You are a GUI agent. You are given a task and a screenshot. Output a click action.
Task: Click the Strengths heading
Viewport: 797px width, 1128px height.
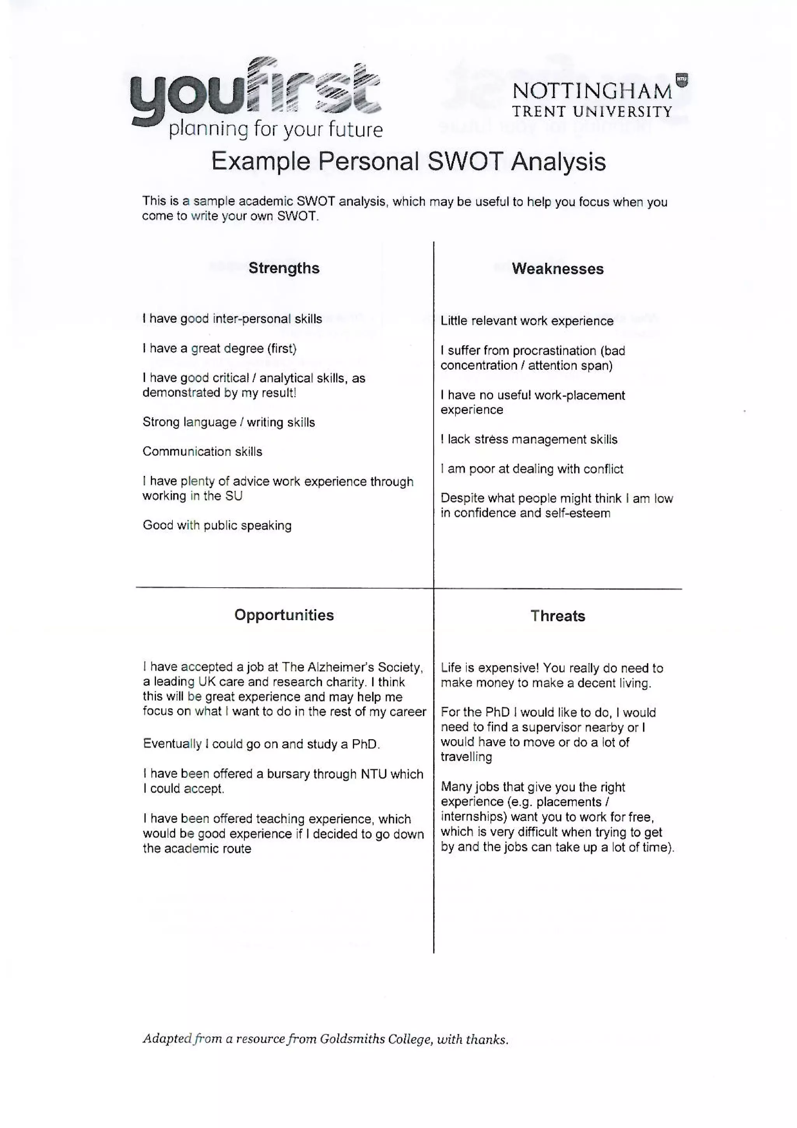click(x=284, y=268)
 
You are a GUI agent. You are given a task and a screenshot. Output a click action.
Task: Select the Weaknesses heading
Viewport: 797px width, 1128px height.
click(x=557, y=269)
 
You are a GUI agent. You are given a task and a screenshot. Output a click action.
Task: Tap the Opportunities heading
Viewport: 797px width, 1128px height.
click(x=284, y=615)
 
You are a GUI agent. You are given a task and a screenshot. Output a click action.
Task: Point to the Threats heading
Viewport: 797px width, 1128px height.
click(x=557, y=616)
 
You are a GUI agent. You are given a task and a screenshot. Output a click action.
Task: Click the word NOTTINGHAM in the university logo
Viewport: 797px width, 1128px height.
click(x=592, y=91)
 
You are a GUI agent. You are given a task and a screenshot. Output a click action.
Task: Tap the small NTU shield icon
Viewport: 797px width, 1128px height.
click(x=681, y=79)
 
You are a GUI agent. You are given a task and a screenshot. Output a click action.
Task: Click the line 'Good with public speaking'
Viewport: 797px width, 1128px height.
click(x=217, y=526)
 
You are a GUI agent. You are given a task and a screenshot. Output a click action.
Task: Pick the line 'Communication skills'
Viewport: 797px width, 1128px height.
click(x=202, y=452)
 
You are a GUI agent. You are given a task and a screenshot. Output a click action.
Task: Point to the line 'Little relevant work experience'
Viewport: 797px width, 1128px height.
click(x=527, y=321)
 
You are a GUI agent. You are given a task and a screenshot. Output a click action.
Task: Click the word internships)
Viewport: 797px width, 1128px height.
click(x=474, y=817)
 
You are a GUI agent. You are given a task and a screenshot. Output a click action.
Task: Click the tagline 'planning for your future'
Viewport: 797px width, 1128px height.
click(x=276, y=129)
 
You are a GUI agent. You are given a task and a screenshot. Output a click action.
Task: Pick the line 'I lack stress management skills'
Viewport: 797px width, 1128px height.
click(x=529, y=440)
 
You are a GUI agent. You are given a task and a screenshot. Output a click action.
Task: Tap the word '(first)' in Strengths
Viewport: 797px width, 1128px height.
click(x=281, y=349)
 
